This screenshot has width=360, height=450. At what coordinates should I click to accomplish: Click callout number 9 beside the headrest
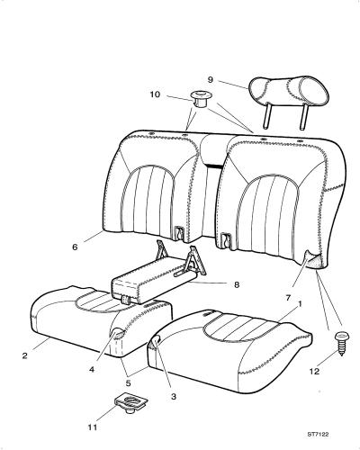[211, 80]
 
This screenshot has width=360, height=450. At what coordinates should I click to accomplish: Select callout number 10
[155, 94]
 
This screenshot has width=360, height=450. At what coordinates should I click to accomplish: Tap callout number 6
[75, 247]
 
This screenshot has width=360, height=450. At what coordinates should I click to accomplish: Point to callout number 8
[237, 284]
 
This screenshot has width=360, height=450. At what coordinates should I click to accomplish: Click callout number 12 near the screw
[314, 372]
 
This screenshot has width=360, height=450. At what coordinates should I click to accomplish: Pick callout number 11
[93, 427]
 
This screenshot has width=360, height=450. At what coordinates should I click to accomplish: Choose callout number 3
[174, 397]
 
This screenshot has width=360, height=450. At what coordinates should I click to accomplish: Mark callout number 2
[25, 355]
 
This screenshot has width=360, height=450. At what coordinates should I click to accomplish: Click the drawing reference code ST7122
[318, 434]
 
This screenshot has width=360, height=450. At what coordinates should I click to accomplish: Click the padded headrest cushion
[290, 90]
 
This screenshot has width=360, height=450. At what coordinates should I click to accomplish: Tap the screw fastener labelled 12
[340, 343]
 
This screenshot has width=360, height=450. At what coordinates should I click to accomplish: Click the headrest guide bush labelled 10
[200, 99]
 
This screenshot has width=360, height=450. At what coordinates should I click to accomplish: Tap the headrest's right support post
[303, 117]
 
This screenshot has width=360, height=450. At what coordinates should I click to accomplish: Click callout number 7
[288, 298]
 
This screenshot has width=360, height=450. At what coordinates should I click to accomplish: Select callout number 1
[299, 304]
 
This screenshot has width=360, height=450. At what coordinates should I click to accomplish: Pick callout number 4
[92, 369]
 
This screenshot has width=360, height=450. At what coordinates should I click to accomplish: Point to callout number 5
[129, 383]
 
